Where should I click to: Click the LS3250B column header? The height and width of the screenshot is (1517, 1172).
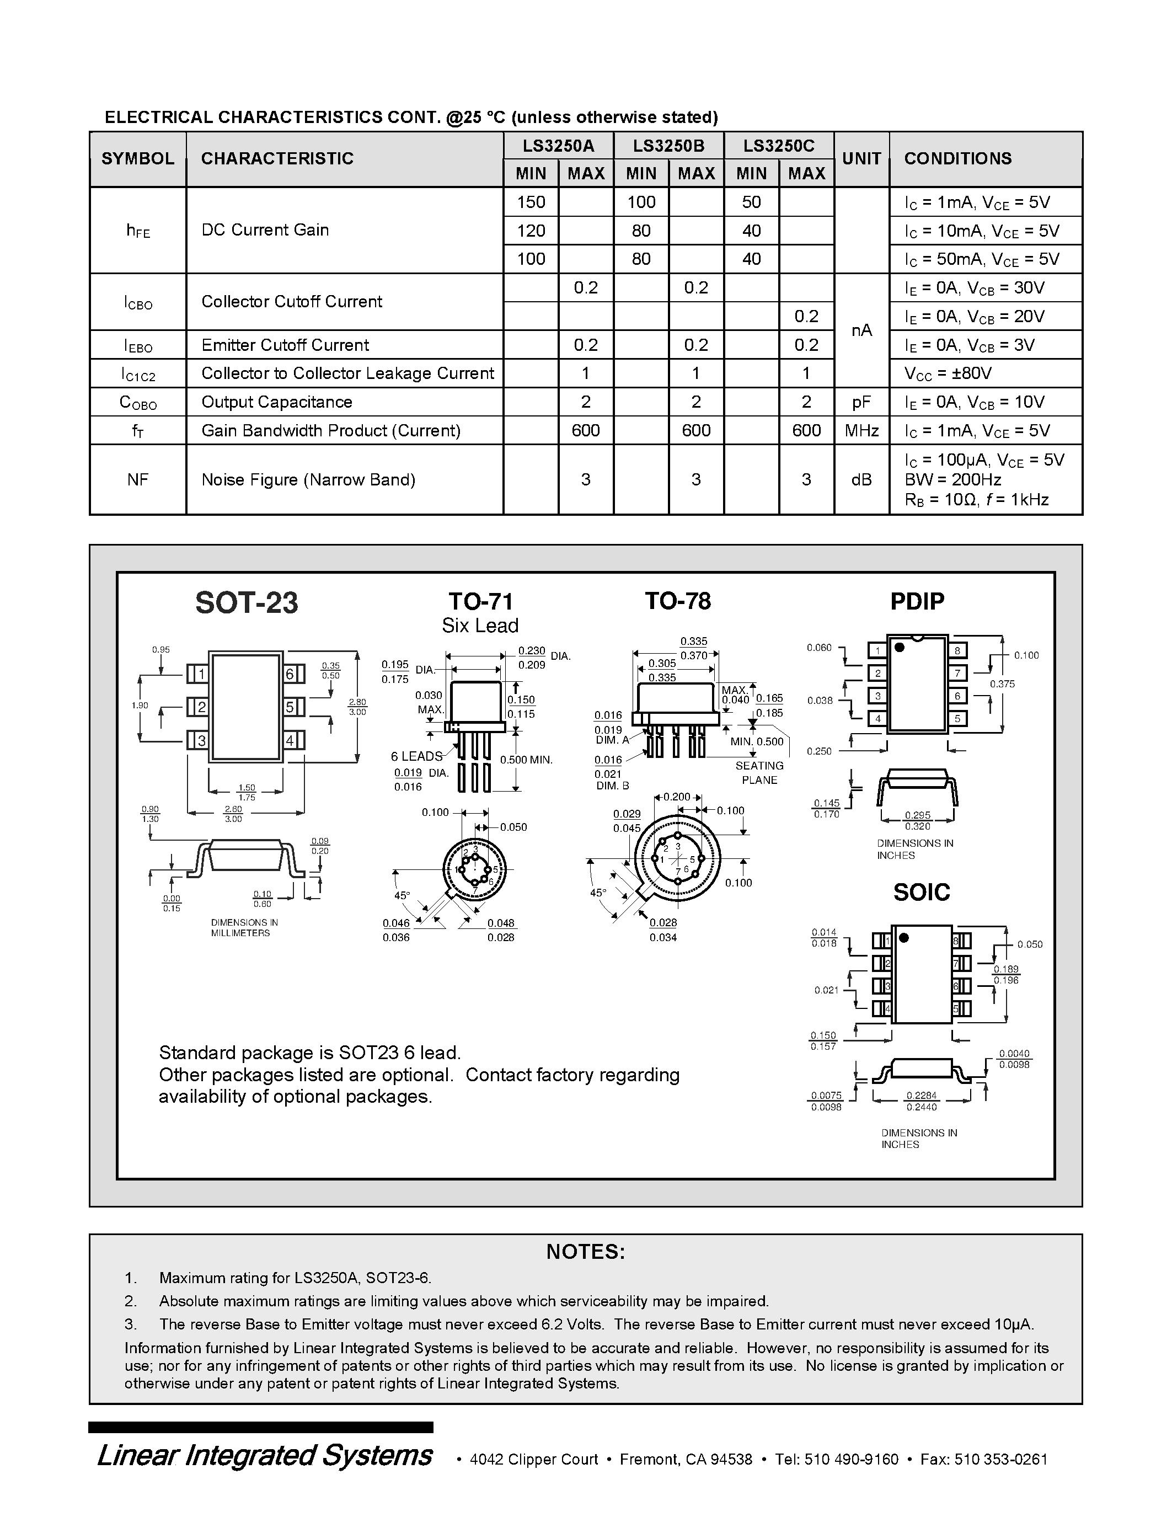click(x=668, y=146)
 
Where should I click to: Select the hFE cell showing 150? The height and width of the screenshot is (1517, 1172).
click(x=531, y=202)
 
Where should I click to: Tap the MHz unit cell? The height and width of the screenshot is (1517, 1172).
click(x=861, y=431)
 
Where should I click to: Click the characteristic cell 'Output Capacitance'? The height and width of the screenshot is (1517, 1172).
click(x=276, y=402)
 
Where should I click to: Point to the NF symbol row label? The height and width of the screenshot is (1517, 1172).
click(x=137, y=479)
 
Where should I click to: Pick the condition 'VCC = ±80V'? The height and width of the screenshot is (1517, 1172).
click(x=948, y=373)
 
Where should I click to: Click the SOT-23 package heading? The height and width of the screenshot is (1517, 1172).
click(x=247, y=602)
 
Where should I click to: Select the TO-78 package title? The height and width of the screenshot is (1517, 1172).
click(x=678, y=601)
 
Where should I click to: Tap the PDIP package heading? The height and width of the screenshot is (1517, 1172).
click(x=917, y=601)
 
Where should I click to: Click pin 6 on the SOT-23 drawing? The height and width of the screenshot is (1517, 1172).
click(x=290, y=674)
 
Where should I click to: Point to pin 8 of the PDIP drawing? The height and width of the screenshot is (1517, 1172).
click(x=957, y=651)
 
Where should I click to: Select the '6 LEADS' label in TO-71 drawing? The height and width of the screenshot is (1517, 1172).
click(x=416, y=756)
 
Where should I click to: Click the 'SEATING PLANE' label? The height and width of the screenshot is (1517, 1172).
click(x=759, y=772)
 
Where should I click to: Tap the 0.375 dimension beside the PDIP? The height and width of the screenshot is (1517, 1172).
click(x=1002, y=684)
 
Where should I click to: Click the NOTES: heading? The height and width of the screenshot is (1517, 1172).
click(x=585, y=1252)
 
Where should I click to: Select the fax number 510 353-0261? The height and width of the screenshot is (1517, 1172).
click(x=1000, y=1459)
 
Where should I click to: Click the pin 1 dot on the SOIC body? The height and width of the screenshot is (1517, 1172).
click(x=903, y=938)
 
